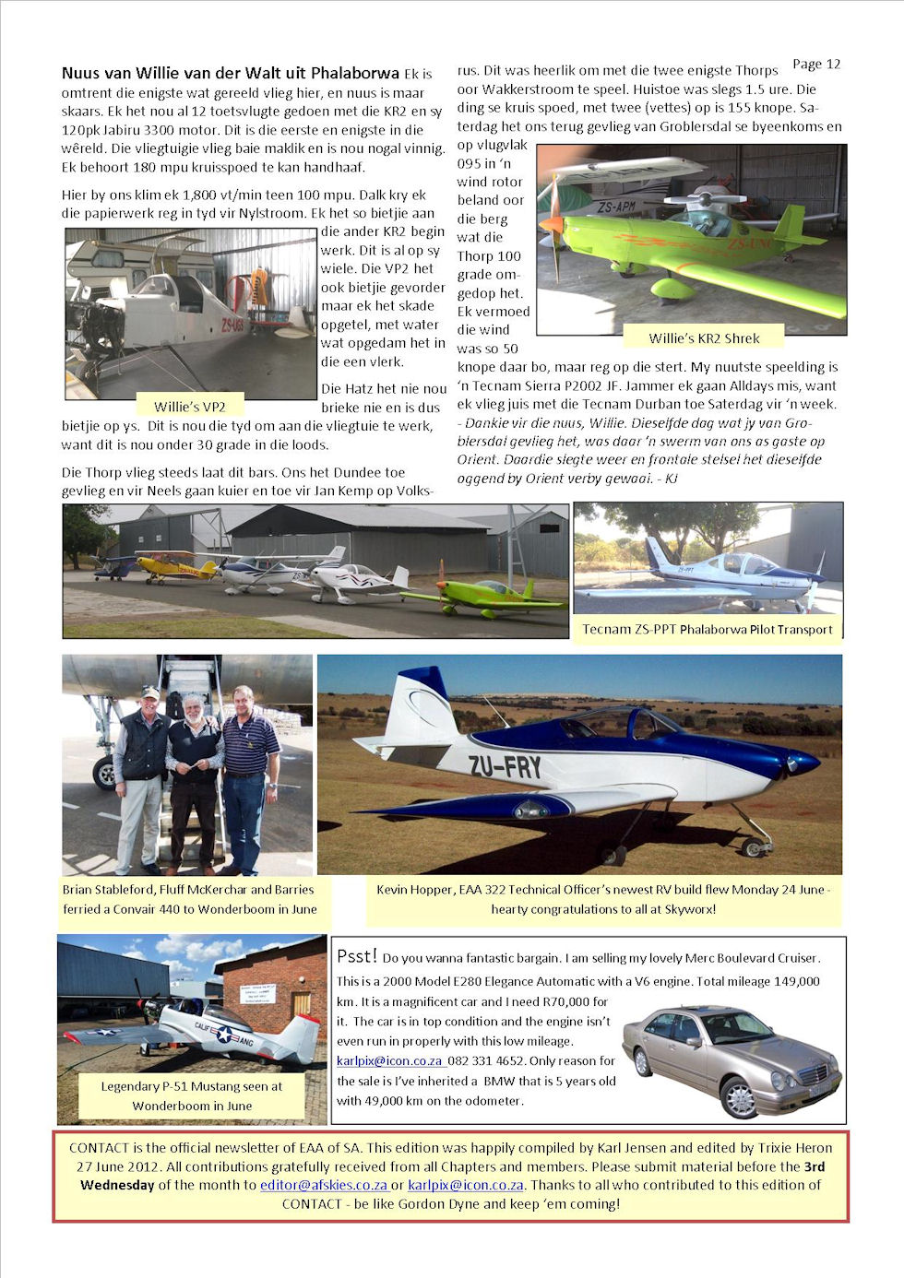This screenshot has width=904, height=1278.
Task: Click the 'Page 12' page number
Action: [x=816, y=64]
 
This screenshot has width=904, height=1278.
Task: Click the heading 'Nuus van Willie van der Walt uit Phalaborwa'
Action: [x=230, y=73]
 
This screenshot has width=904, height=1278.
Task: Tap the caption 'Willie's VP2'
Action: [x=189, y=407]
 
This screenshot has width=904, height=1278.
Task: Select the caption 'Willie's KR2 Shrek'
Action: [x=704, y=338]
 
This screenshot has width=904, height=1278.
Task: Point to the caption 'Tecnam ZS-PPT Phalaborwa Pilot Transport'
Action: [x=708, y=630]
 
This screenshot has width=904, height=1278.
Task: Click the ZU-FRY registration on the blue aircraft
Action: [x=505, y=765]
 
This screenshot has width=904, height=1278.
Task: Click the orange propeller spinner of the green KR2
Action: [x=551, y=223]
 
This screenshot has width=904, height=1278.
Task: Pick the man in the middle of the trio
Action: [x=194, y=775]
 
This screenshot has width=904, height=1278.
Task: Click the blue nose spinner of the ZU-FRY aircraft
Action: [x=803, y=763]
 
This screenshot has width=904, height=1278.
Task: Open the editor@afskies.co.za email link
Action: [x=323, y=1185]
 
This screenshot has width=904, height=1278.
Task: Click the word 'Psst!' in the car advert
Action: [x=357, y=956]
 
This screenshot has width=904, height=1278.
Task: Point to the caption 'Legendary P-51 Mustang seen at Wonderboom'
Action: [x=191, y=1095]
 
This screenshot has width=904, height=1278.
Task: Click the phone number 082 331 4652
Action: [x=484, y=1061]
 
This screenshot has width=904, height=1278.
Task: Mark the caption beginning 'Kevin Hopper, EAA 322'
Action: [x=603, y=899]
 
